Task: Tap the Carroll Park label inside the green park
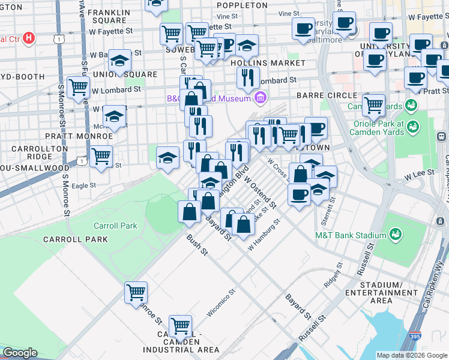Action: pyautogui.click(x=115, y=226)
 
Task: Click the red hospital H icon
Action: pyautogui.click(x=29, y=39)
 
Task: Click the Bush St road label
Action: pyautogui.click(x=196, y=245)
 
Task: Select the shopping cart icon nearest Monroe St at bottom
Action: pyautogui.click(x=136, y=292)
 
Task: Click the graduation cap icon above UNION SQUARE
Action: pyautogui.click(x=119, y=60)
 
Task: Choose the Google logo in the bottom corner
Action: pyautogui.click(x=20, y=353)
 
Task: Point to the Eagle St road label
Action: pyautogui.click(x=83, y=185)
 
